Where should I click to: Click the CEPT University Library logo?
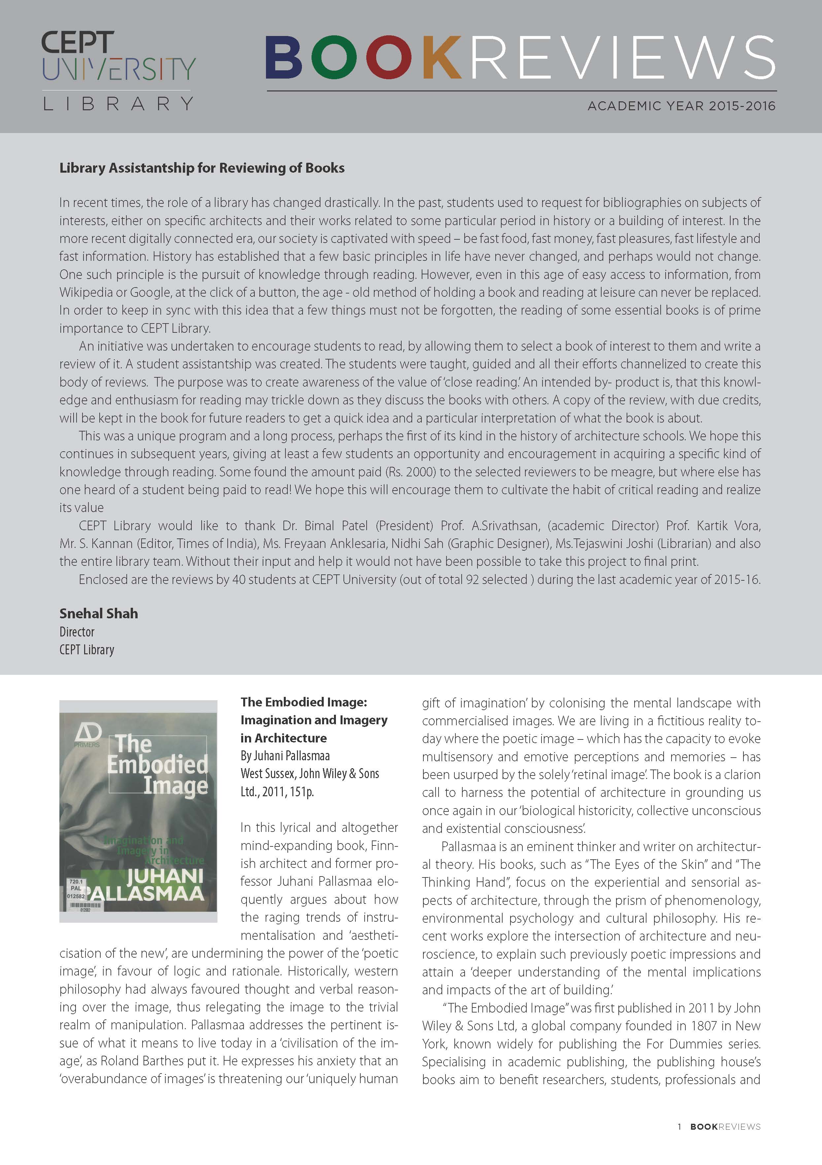pyautogui.click(x=118, y=70)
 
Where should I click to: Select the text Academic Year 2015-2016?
pyautogui.click(x=681, y=106)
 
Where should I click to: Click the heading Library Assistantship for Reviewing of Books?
pyautogui.click(x=202, y=168)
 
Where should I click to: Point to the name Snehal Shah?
pyautogui.click(x=98, y=613)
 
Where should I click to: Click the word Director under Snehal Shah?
pyautogui.click(x=77, y=632)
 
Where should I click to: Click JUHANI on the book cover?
pyautogui.click(x=165, y=876)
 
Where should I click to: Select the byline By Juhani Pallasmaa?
pyautogui.click(x=285, y=756)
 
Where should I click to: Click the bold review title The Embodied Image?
pyautogui.click(x=303, y=702)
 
